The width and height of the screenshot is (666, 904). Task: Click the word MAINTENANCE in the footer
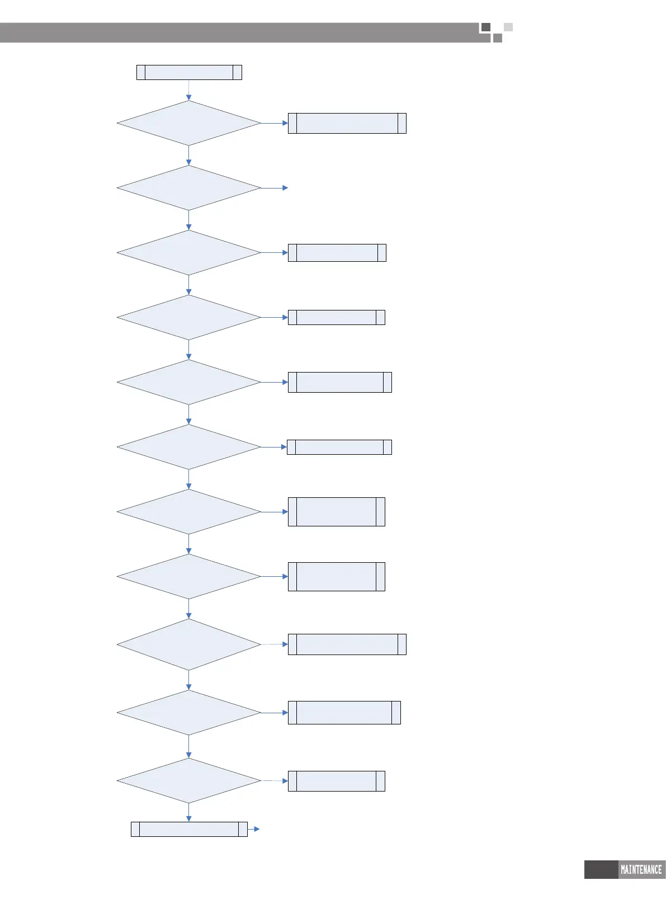(641, 870)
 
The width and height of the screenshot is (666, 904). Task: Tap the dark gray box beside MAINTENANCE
(601, 870)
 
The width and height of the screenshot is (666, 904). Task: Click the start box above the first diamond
(189, 72)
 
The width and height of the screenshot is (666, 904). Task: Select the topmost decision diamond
(189, 123)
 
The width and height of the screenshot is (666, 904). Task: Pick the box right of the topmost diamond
(347, 123)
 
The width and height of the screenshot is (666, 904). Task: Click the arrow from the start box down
(189, 90)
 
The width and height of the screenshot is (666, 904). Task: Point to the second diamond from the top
(189, 188)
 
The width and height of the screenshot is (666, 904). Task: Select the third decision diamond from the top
(189, 253)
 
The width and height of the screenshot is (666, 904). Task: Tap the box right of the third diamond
(337, 253)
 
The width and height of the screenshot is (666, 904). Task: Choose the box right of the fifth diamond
(339, 382)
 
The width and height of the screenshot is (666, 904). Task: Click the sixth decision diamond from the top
(189, 447)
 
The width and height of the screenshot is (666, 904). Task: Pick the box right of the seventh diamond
(336, 512)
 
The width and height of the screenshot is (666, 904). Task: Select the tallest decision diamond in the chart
(189, 644)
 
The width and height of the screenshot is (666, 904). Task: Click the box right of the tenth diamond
(344, 713)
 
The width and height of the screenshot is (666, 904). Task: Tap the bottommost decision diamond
(189, 780)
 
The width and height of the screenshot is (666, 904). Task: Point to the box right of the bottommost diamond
(336, 781)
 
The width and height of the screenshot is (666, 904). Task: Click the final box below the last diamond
(189, 829)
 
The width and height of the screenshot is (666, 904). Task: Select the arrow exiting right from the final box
(254, 829)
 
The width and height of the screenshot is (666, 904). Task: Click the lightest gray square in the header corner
(508, 27)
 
